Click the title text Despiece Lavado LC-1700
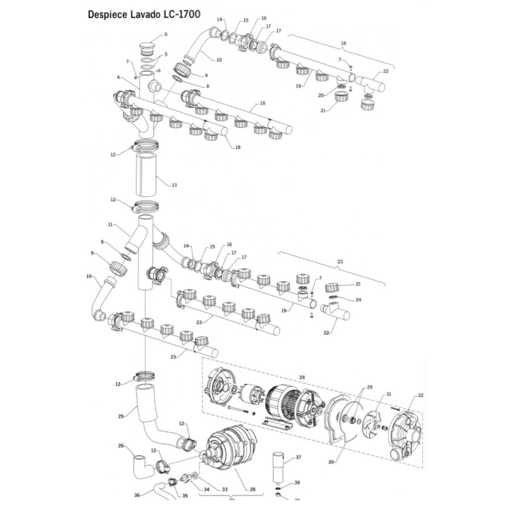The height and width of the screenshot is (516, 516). coord(144,15)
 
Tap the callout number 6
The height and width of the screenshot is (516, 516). coord(165,34)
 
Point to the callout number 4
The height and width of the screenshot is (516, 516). coord(119,77)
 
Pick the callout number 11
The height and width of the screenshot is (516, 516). coord(110,225)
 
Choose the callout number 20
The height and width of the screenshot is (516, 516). coord(321,95)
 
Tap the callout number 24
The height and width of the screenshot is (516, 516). coord(358,299)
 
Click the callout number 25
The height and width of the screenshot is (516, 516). coord(121,416)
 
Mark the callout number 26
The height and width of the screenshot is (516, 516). coord(121,446)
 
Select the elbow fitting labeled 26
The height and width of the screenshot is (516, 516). coord(139,464)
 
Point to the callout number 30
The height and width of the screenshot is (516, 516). coord(331,462)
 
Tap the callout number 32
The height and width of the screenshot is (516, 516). coord(420,395)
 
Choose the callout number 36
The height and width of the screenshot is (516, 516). coord(137,494)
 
